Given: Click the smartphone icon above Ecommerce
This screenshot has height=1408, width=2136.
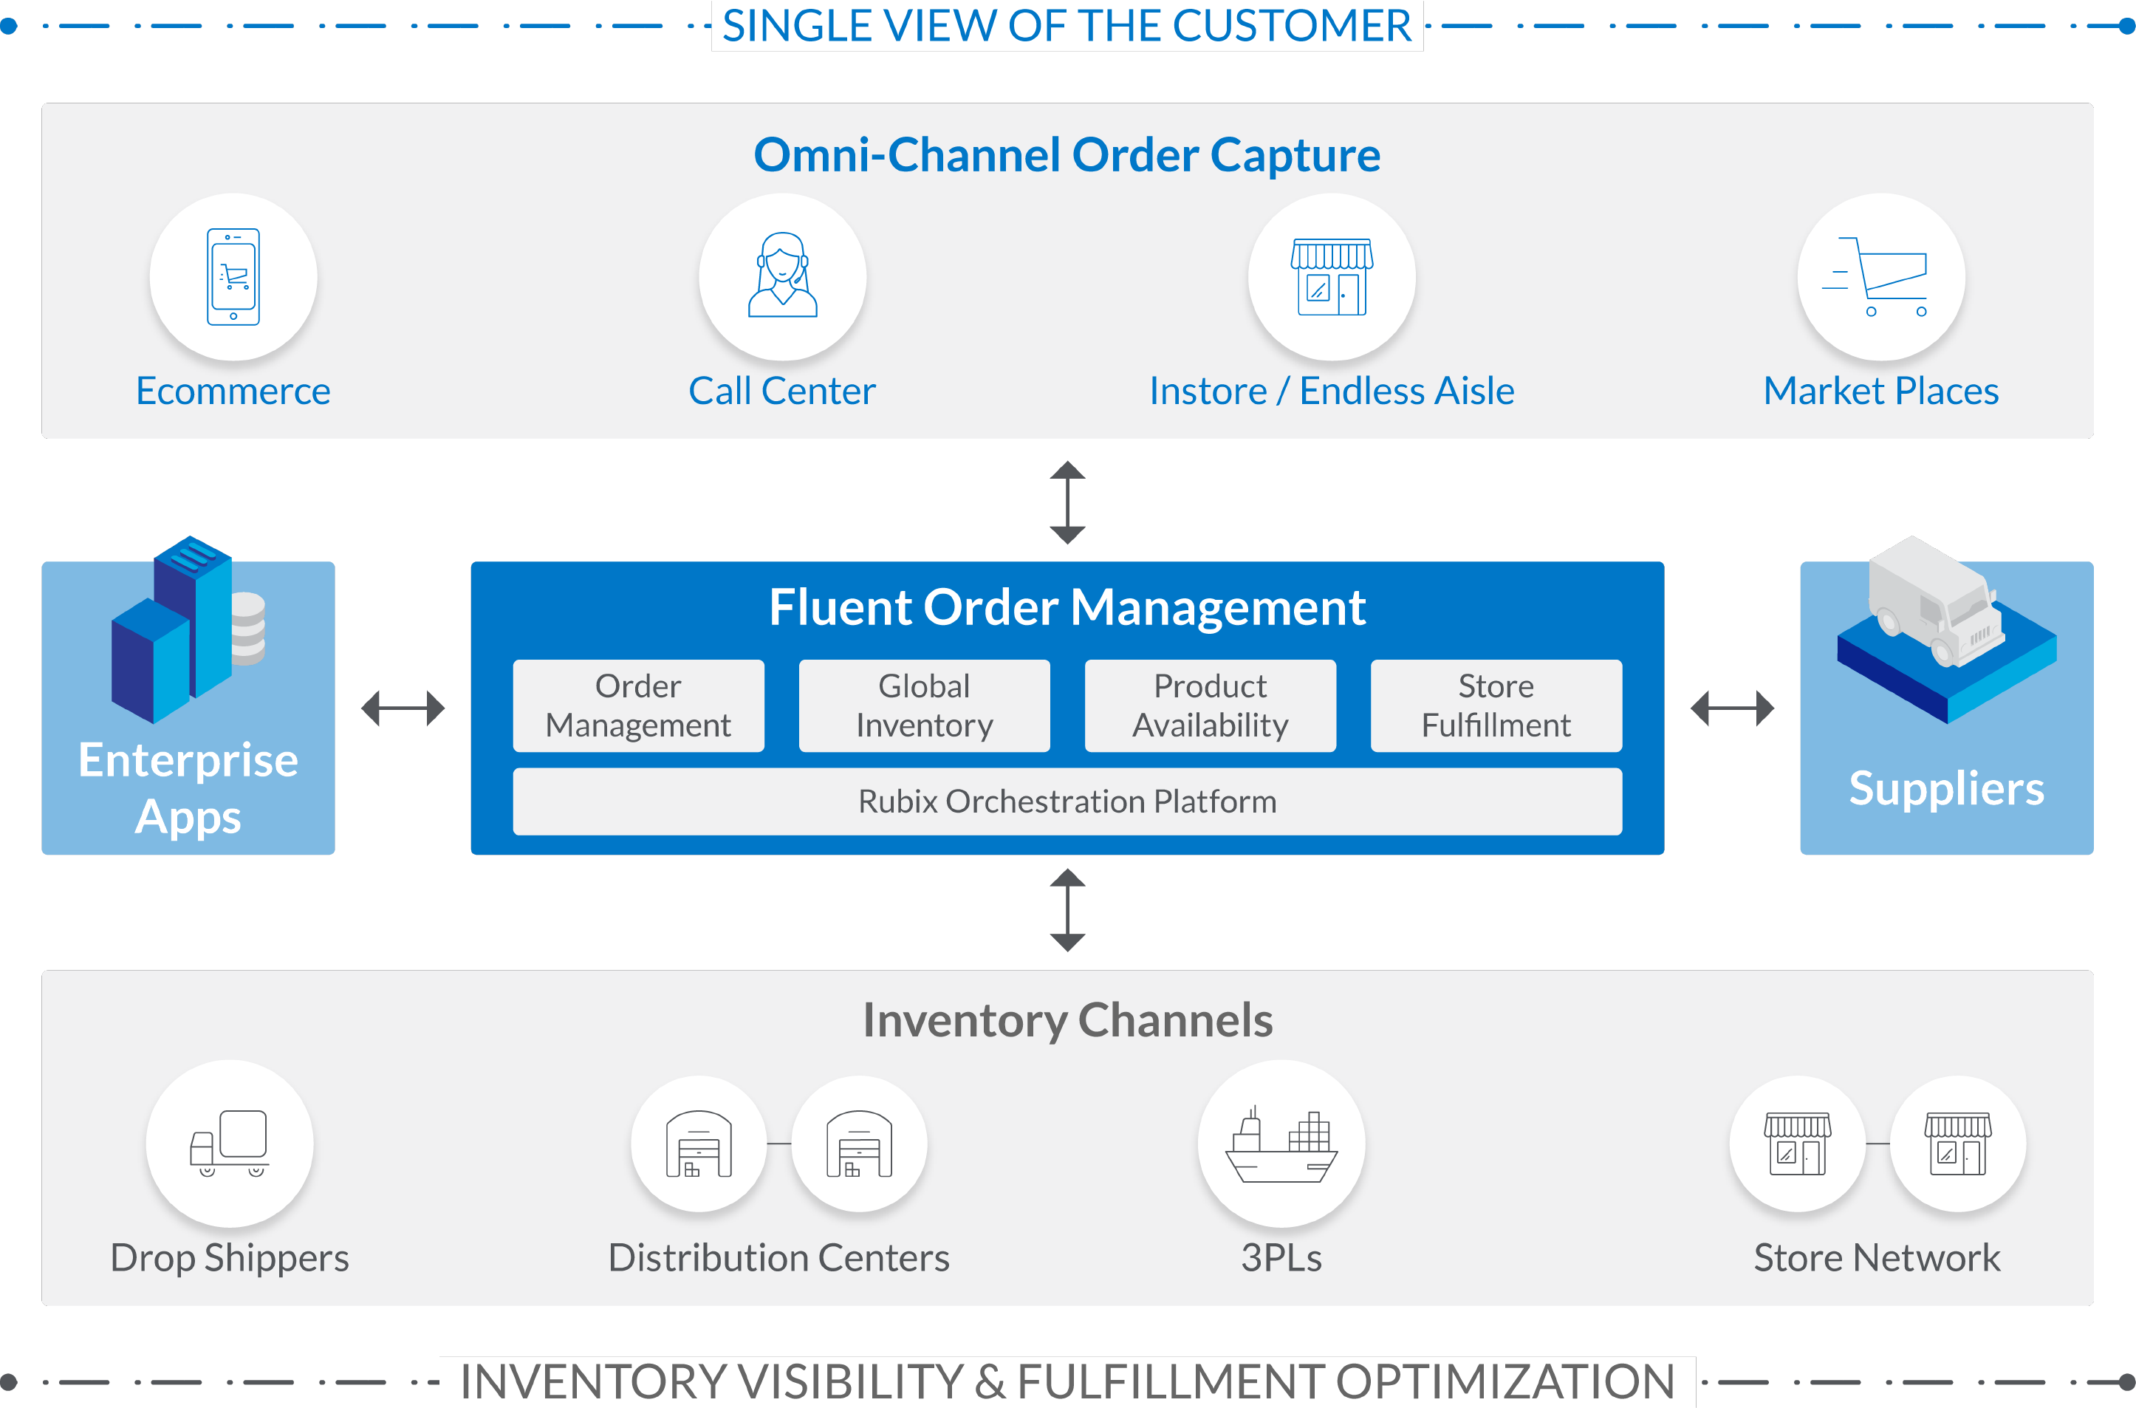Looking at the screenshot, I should pyautogui.click(x=233, y=276).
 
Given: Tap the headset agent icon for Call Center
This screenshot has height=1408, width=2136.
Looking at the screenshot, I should pyautogui.click(x=782, y=276).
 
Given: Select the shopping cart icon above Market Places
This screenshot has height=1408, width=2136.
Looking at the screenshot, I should pyautogui.click(x=1880, y=276).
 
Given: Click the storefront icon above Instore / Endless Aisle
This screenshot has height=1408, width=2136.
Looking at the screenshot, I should pyautogui.click(x=1332, y=276).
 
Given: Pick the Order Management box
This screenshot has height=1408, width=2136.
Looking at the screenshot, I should pyautogui.click(x=638, y=705).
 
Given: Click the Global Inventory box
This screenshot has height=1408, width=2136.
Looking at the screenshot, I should pyautogui.click(x=924, y=705).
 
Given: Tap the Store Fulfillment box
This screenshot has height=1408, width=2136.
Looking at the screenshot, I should pyautogui.click(x=1496, y=705).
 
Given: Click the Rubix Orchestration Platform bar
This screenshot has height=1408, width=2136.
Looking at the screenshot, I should pyautogui.click(x=1067, y=801).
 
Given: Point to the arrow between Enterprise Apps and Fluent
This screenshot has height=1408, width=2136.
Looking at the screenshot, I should pyautogui.click(x=403, y=708).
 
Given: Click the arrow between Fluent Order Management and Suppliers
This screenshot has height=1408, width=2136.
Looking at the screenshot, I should pyautogui.click(x=1731, y=708).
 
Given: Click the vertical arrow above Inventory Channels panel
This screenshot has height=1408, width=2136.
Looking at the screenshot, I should pyautogui.click(x=1067, y=909).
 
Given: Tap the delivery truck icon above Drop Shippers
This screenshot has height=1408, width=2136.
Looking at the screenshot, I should pyautogui.click(x=230, y=1142).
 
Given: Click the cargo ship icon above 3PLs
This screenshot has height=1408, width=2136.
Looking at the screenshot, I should pyautogui.click(x=1281, y=1145).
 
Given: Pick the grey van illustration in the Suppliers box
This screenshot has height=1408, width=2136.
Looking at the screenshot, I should pyautogui.click(x=1935, y=601).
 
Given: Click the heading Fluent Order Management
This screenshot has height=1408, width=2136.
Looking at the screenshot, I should pyautogui.click(x=1067, y=607).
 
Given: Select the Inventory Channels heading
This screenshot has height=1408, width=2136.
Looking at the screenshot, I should pyautogui.click(x=1067, y=1020).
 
